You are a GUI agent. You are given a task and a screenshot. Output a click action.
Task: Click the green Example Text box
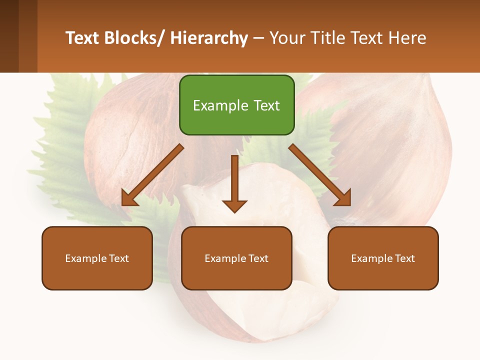tap(236, 105)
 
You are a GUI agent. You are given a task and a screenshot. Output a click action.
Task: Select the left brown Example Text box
tap(97, 258)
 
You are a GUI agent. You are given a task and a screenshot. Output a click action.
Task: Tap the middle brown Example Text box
tap(236, 258)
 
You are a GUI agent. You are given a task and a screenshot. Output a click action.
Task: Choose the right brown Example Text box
tap(383, 258)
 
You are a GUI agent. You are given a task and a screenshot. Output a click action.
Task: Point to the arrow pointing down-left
tap(152, 175)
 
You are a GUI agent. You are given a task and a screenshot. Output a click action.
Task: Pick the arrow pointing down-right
tap(320, 175)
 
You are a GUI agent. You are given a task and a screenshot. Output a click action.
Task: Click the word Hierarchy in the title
tap(209, 38)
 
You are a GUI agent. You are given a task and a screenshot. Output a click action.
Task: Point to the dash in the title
tap(258, 38)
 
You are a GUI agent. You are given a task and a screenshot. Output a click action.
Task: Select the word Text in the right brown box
tap(405, 258)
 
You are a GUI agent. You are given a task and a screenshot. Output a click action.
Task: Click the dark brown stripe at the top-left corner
tap(9, 36)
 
